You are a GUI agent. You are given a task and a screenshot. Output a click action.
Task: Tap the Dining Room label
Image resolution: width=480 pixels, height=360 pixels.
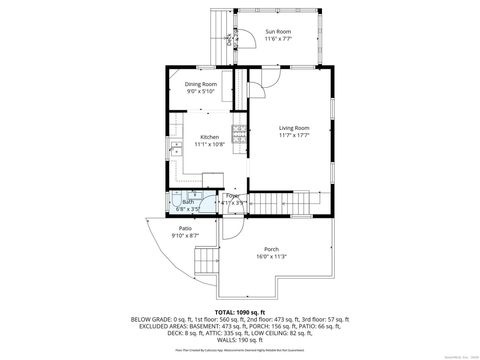click(x=201, y=84)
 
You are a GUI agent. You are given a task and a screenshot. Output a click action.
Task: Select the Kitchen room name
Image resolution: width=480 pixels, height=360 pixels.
click(x=209, y=137)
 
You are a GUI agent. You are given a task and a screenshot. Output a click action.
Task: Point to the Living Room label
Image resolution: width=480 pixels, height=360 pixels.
click(x=293, y=128)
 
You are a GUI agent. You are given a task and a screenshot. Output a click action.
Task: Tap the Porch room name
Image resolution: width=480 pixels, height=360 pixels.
click(x=271, y=248)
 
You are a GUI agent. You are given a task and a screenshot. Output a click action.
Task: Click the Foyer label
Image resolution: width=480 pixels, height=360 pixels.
click(x=232, y=196)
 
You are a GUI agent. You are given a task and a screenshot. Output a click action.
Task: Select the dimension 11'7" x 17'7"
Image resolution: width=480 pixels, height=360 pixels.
click(x=293, y=136)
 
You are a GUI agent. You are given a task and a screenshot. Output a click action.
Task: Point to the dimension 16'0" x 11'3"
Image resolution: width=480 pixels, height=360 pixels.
click(x=271, y=256)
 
